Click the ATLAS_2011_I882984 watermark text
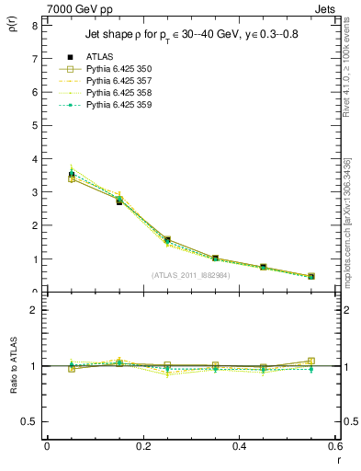pos(190,275)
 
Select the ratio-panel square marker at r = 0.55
pos(311,362)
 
